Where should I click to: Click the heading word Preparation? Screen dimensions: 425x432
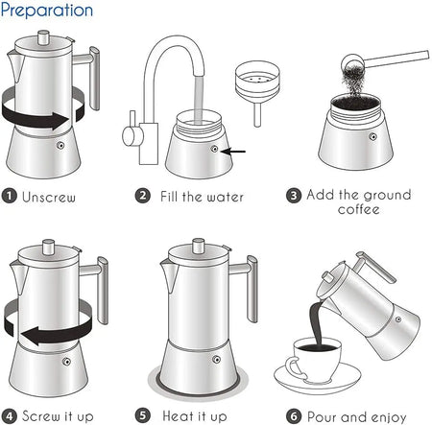tap(47, 11)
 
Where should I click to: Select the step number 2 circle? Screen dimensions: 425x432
tap(142, 197)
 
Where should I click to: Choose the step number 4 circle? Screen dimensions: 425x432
tap(9, 415)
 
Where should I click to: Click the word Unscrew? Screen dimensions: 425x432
tap(49, 198)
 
